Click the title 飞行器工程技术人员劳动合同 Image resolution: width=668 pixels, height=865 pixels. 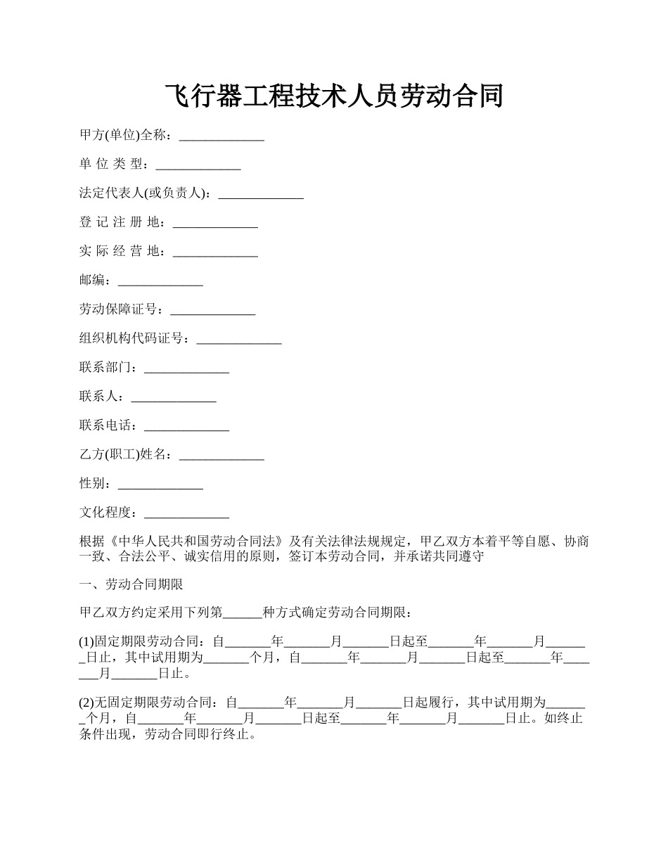click(334, 96)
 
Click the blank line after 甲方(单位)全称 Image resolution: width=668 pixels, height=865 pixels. click(221, 137)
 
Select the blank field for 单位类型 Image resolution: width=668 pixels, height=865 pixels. click(198, 167)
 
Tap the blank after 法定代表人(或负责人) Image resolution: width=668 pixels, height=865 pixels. click(261, 196)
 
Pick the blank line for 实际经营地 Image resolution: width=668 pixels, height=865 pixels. click(215, 254)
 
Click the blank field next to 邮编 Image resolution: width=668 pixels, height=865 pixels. click(160, 283)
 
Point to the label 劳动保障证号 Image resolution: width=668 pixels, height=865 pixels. click(122, 309)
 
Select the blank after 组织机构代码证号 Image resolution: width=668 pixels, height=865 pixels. click(239, 341)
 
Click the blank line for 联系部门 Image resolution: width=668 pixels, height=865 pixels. click(186, 370)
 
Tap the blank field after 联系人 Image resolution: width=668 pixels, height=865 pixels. click(174, 399)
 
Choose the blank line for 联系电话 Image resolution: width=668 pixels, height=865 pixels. click(186, 428)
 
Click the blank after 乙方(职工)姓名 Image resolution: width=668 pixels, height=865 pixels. click(221, 457)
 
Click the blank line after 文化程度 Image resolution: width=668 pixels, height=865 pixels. click(186, 515)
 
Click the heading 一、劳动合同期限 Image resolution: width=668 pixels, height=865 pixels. click(131, 584)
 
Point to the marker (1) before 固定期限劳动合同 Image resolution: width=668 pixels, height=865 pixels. click(86, 641)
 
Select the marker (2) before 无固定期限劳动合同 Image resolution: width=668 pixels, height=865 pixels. click(86, 701)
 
